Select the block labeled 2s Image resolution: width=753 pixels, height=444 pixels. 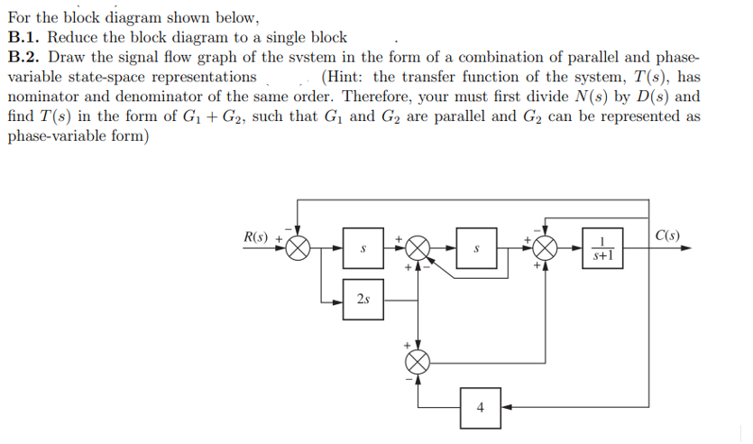point(362,299)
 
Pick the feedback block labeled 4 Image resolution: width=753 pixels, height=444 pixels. point(480,406)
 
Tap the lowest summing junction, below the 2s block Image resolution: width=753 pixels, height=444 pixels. point(417,361)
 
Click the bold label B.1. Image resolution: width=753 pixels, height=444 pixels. point(23,37)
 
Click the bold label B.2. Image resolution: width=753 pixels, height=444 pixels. point(23,57)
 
